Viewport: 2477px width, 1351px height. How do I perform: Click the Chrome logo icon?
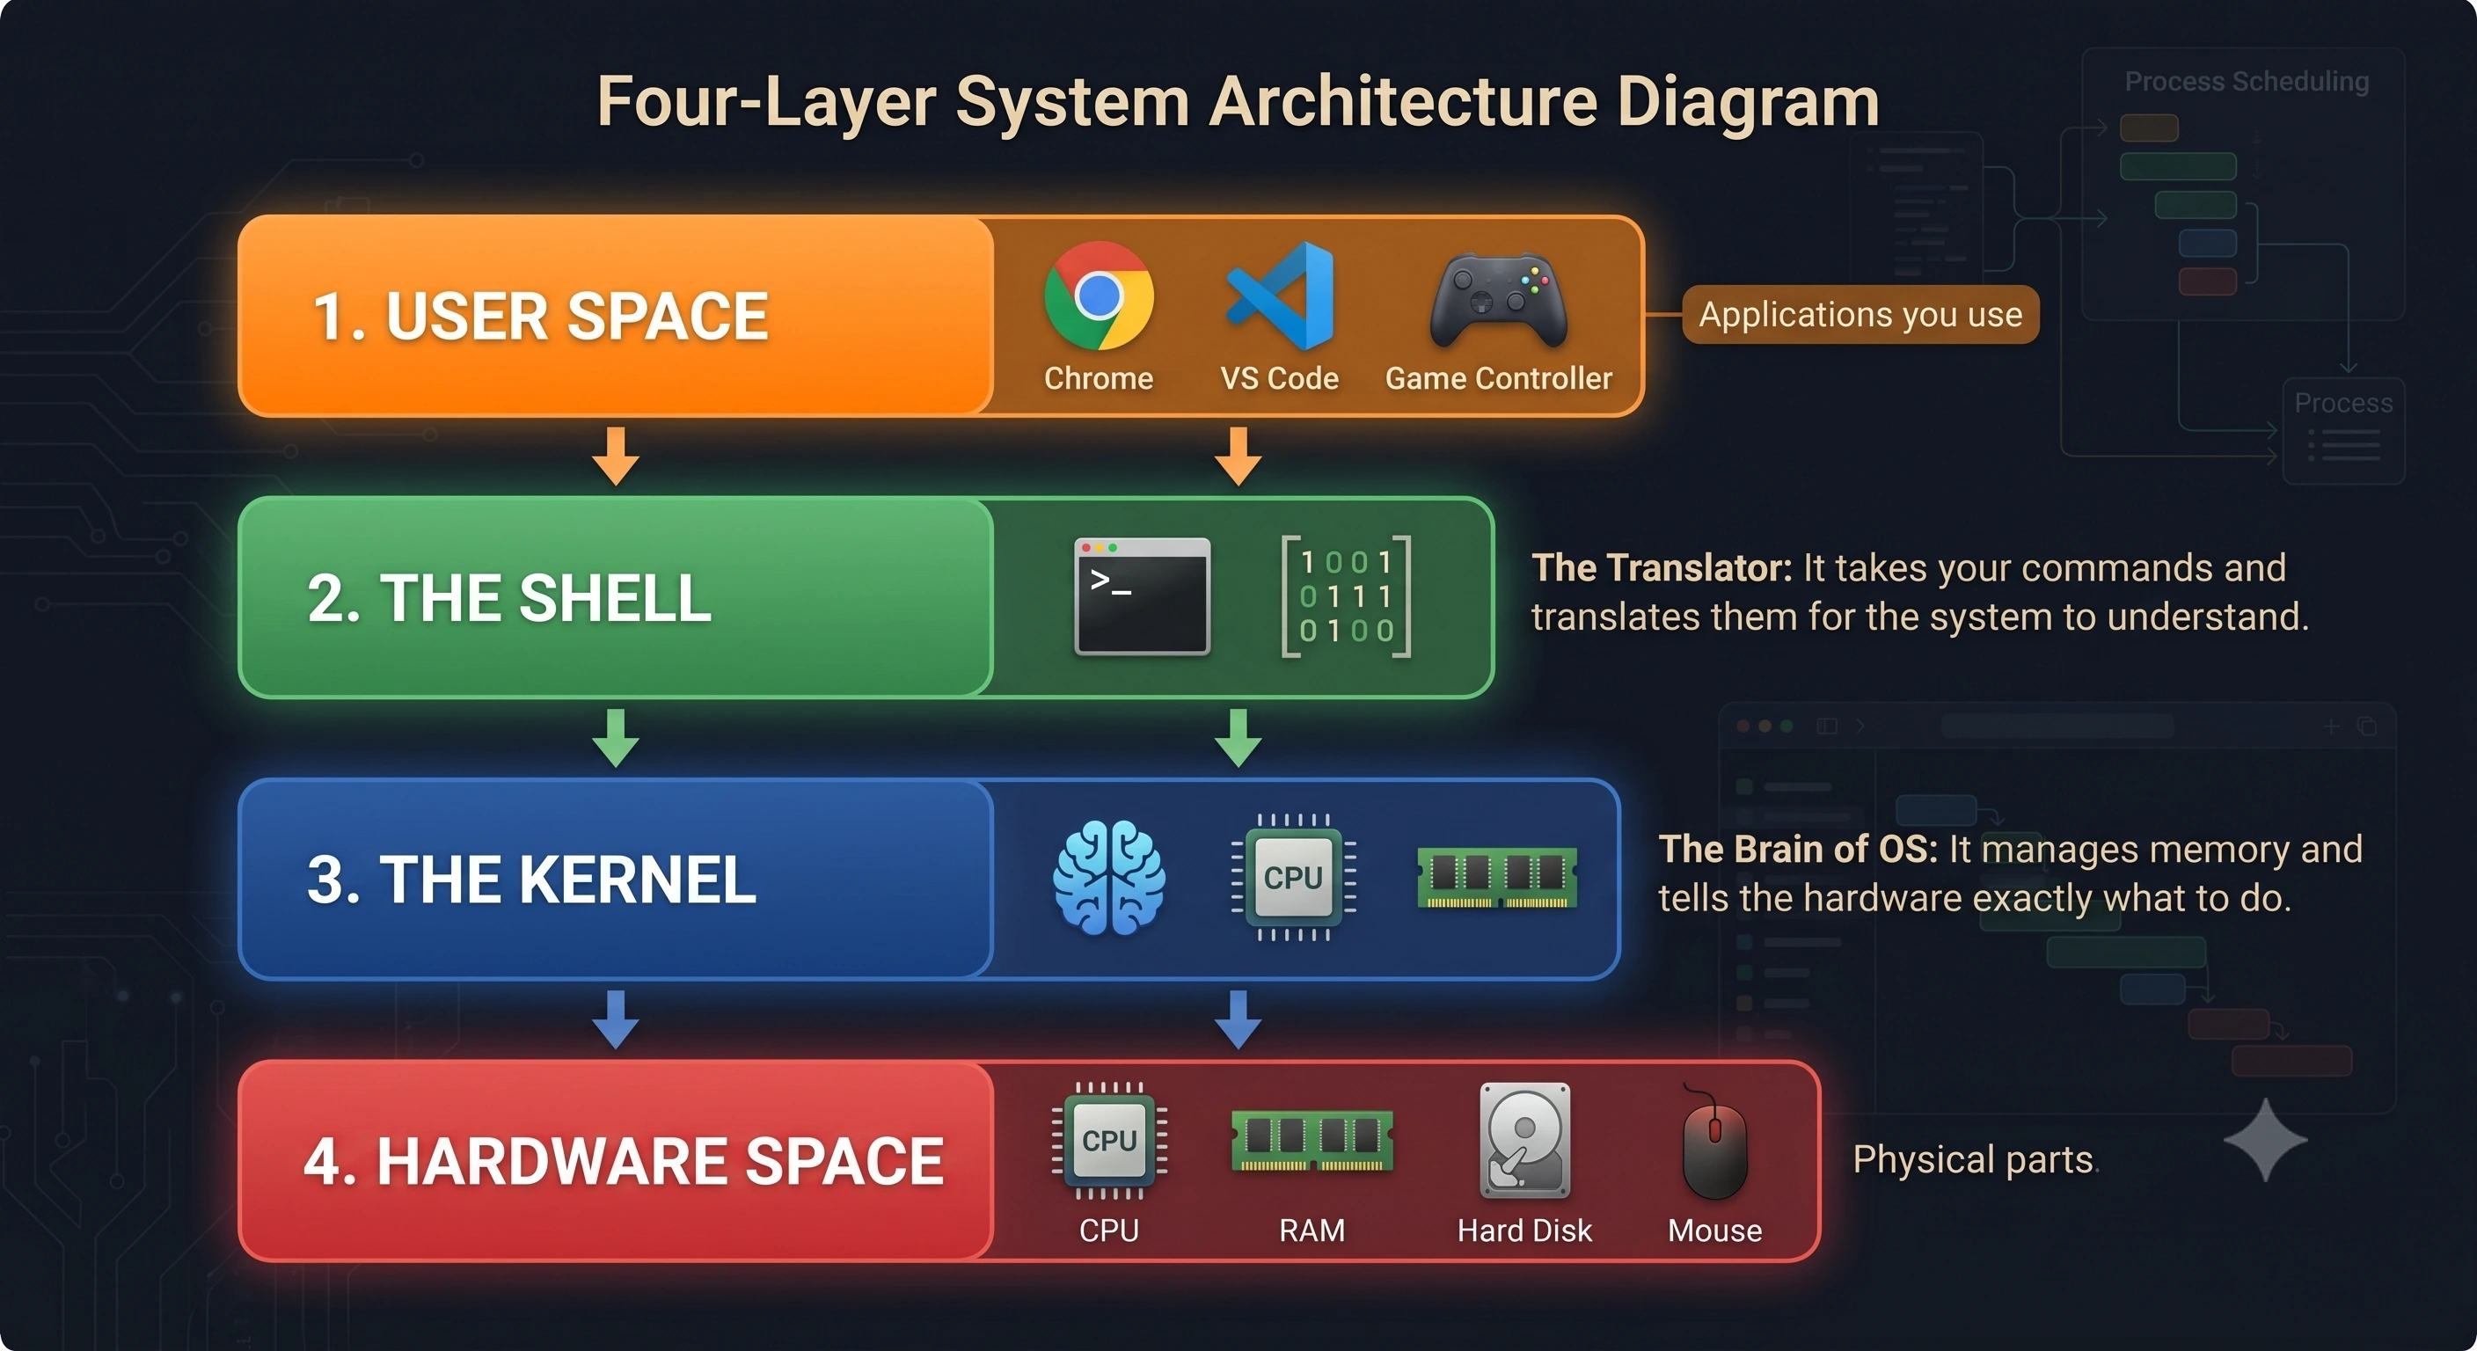(x=1098, y=296)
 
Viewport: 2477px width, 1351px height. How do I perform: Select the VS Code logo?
(x=1280, y=296)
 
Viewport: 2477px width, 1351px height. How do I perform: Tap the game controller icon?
(x=1498, y=299)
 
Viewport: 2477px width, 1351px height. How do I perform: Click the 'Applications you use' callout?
(x=1860, y=314)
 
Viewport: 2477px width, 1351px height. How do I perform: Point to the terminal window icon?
(x=1142, y=597)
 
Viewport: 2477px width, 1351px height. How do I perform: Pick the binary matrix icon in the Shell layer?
(x=1346, y=596)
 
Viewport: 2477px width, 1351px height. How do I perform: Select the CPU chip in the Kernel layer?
(x=1293, y=877)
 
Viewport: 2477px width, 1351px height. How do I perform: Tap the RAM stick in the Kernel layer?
(x=1497, y=877)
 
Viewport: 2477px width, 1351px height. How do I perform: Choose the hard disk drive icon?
(x=1524, y=1141)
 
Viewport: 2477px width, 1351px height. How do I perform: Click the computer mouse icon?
(x=1714, y=1144)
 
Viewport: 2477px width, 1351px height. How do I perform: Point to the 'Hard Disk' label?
(x=1524, y=1231)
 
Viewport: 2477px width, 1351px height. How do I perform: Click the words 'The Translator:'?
(x=1662, y=568)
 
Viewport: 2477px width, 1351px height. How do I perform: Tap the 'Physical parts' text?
(x=1973, y=1159)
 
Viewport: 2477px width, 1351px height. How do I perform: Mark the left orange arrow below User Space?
(x=617, y=456)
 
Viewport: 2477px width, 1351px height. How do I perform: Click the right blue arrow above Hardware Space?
(x=1238, y=1020)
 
